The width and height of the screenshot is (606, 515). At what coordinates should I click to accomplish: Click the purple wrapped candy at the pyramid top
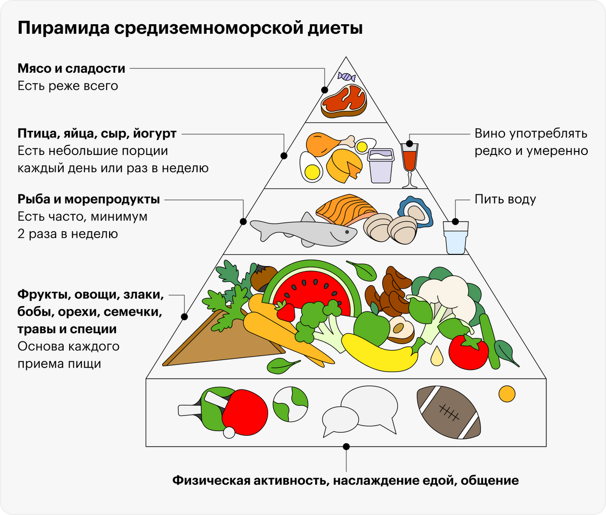(346, 77)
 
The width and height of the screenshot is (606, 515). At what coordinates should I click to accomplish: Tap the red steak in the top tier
(344, 101)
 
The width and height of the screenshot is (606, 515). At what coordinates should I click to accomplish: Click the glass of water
(456, 238)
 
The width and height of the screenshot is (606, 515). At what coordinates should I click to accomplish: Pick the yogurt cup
(381, 166)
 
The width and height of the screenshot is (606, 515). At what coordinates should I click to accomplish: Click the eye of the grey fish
(347, 232)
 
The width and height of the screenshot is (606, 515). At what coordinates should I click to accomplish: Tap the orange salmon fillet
(346, 210)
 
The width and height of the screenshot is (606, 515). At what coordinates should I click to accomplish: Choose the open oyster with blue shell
(415, 212)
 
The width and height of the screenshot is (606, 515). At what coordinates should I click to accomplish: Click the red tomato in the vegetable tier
(469, 352)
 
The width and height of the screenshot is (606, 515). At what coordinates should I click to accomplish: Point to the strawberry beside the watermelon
(285, 311)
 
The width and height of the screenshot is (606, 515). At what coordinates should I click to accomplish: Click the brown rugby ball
(449, 413)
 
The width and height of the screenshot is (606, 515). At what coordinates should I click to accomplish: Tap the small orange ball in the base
(507, 394)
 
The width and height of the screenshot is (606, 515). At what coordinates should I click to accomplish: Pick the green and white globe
(290, 404)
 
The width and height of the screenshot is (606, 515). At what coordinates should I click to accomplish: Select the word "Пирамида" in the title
(64, 28)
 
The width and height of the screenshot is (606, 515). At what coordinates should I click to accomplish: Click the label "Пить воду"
(505, 199)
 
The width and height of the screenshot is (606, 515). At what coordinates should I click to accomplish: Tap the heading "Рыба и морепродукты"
(88, 199)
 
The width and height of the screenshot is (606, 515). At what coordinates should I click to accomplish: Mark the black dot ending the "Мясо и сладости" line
(325, 90)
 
